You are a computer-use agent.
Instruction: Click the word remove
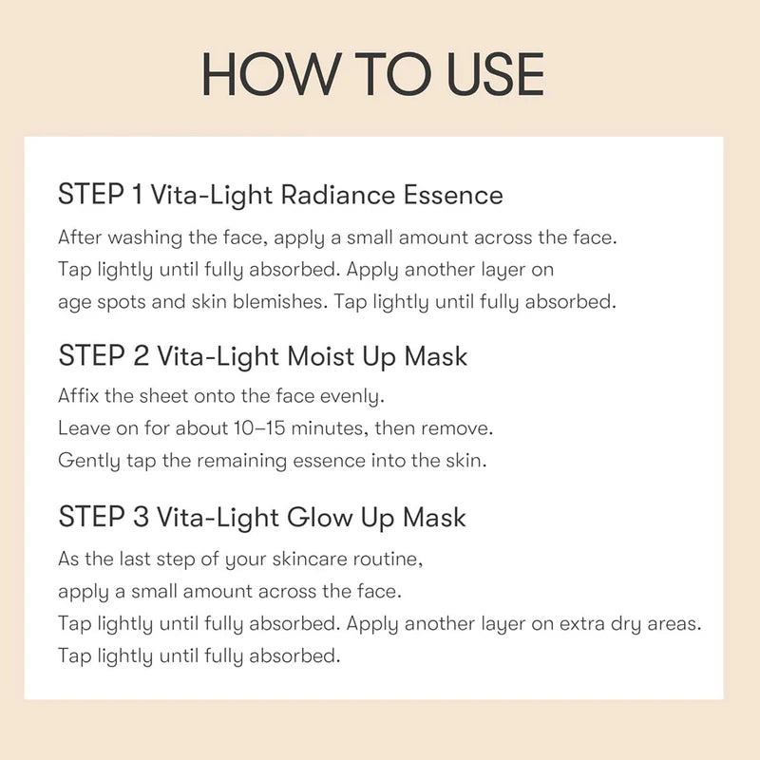(x=459, y=428)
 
